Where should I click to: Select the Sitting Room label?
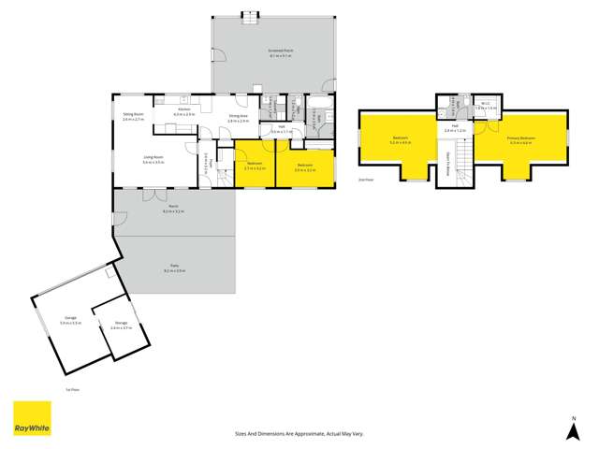coord(133,117)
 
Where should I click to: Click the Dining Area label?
coord(239,118)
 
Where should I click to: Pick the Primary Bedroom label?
coord(520,140)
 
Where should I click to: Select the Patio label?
coord(175,268)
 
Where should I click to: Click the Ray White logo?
coord(31,419)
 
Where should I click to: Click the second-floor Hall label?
coord(453,129)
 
